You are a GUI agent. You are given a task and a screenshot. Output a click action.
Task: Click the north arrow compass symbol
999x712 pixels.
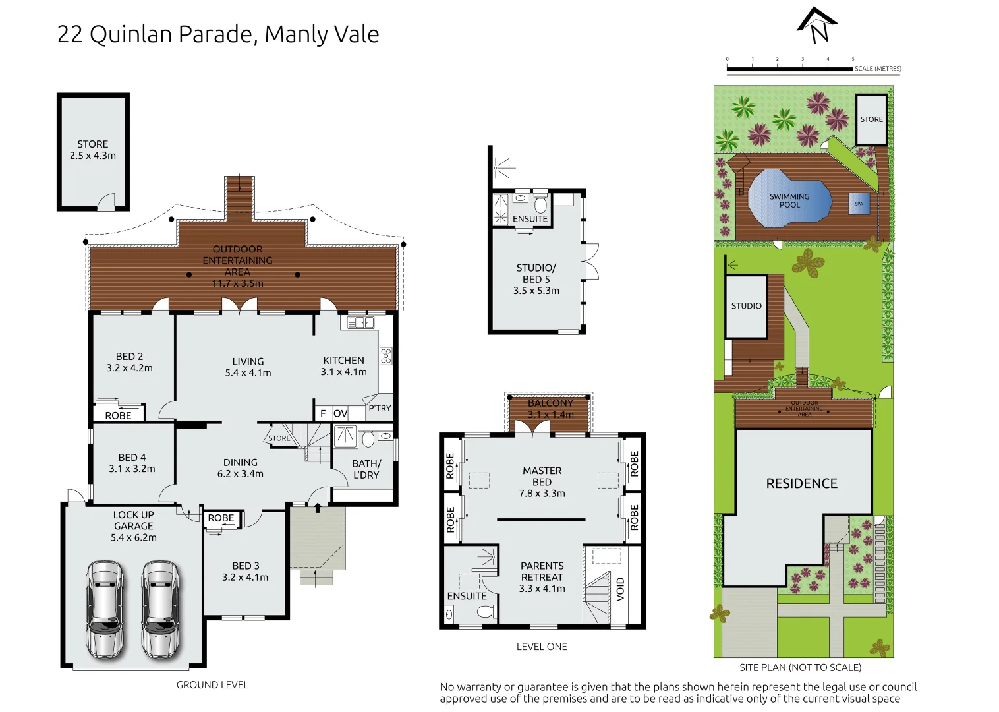[x=817, y=26]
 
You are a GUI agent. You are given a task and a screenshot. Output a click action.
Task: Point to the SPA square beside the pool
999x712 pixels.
[x=859, y=204]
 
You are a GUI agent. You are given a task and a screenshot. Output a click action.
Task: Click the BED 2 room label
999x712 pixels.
[x=129, y=357]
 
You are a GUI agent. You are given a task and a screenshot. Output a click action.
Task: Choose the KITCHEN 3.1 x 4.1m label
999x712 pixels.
[x=343, y=366]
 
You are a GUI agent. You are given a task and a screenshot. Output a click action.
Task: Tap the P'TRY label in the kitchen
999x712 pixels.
[x=380, y=408]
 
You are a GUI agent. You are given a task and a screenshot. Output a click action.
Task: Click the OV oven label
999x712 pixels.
[x=340, y=413]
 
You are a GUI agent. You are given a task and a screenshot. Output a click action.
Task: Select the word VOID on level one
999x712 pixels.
[x=620, y=589]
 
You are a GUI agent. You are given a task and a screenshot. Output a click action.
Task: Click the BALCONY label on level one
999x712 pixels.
[x=550, y=403]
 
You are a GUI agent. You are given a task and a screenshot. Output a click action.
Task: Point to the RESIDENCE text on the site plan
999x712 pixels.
[x=801, y=483]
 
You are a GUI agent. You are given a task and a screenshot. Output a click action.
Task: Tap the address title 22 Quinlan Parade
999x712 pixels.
[x=217, y=34]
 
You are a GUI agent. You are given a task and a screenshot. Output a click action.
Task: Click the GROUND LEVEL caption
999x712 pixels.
[x=212, y=685]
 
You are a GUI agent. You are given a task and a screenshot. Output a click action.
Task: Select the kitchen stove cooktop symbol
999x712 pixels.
[x=385, y=356]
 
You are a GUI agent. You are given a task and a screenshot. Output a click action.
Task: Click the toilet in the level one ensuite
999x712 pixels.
[x=486, y=612]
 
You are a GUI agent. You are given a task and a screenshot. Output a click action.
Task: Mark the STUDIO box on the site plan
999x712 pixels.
[x=746, y=306]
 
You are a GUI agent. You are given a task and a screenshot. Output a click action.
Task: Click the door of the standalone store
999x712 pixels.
[x=107, y=203]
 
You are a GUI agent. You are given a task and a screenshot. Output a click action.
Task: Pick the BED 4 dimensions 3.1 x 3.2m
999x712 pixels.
[x=132, y=469]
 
